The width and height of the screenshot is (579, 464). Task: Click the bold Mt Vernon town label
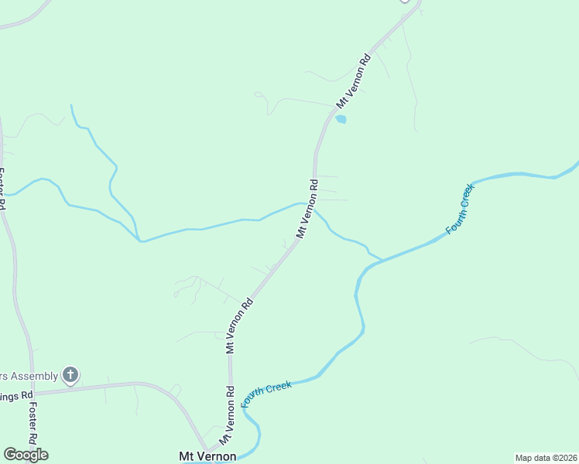207,456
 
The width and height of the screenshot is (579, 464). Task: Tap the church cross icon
70,376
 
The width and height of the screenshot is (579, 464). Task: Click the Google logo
25,455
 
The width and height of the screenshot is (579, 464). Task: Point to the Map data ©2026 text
545,458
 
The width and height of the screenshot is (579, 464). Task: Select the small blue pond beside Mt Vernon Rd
341,119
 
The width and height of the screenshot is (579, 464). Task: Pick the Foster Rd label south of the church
33,425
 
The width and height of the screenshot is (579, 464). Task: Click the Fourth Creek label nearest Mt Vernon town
266,393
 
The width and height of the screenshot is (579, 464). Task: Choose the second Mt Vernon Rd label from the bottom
240,326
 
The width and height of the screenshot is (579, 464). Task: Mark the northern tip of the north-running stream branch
71,105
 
